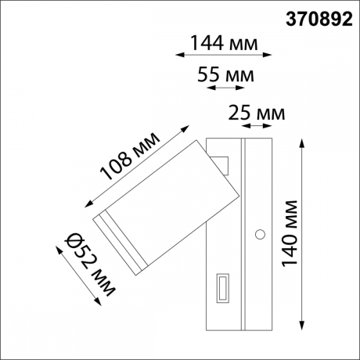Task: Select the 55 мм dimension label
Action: (x=228, y=75)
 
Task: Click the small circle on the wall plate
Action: (x=259, y=232)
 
